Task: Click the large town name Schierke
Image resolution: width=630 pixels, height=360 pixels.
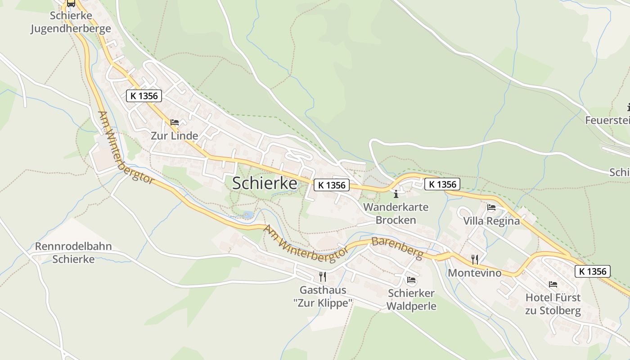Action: (x=265, y=183)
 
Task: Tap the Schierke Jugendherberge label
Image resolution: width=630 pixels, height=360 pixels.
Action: (x=71, y=22)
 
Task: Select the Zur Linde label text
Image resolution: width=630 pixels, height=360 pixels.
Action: (x=174, y=135)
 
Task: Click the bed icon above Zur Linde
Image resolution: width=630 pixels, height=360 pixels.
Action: (x=175, y=122)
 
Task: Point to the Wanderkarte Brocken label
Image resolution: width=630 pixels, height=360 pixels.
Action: (x=396, y=214)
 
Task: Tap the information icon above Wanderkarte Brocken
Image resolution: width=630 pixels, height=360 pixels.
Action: (x=396, y=194)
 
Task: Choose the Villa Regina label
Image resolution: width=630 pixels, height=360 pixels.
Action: (x=491, y=221)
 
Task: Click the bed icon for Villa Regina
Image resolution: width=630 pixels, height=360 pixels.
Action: (x=491, y=207)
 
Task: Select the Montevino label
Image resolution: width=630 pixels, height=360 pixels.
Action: (x=474, y=273)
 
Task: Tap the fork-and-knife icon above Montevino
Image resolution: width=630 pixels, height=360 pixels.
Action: (x=474, y=259)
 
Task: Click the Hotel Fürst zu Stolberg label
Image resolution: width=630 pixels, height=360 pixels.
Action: (x=553, y=304)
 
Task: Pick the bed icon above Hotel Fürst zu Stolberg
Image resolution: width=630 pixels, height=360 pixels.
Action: (x=553, y=284)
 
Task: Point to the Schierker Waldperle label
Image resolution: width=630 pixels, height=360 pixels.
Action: (x=411, y=300)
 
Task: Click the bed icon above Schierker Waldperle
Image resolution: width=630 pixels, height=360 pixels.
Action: (x=411, y=280)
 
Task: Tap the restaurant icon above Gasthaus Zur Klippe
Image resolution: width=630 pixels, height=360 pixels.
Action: (x=323, y=276)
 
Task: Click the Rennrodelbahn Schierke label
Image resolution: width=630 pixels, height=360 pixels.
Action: (x=73, y=253)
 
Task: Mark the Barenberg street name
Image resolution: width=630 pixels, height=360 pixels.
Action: (x=398, y=248)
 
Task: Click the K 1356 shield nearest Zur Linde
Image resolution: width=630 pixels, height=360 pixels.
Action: (x=144, y=96)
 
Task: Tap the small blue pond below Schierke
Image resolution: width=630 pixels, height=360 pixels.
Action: (x=247, y=215)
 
